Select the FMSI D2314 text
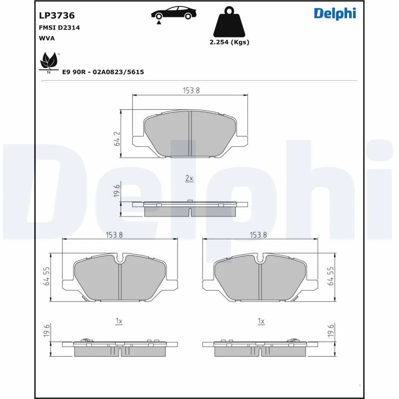pos(59,28)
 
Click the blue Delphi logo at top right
pos(335,13)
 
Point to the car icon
pos(172,14)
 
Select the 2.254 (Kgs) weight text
pos(229,42)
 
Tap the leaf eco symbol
pos(48,62)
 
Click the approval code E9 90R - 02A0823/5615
pos(103,72)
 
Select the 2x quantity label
pos(189,178)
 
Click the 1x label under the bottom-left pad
pos(119,322)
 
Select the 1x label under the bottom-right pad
pos(260,322)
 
